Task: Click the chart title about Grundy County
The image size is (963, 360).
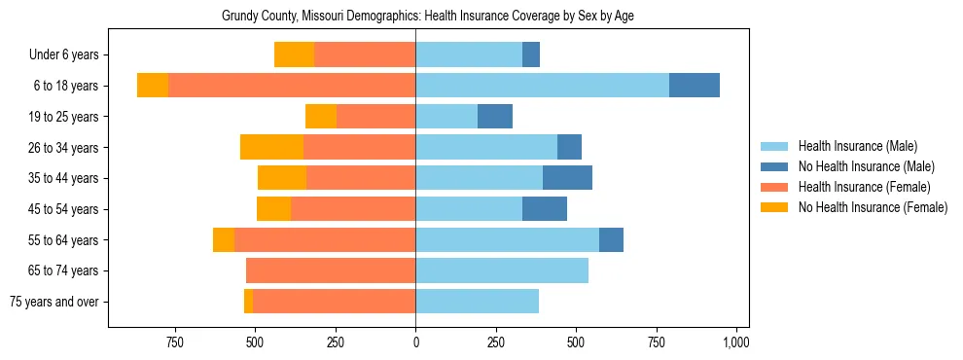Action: pos(428,17)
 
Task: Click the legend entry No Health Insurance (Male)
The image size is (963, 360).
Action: pos(866,166)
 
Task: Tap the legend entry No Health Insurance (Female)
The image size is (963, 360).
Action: pos(873,207)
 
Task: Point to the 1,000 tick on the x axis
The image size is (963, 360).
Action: pos(735,342)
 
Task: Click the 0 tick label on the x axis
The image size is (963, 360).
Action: pos(415,342)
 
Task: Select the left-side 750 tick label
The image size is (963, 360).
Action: pos(175,342)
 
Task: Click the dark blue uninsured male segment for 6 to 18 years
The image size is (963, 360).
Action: pos(695,86)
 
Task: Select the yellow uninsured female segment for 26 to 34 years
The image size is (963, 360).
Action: pos(271,147)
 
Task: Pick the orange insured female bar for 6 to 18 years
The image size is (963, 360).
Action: pos(292,86)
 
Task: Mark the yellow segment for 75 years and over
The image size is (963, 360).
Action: pos(248,302)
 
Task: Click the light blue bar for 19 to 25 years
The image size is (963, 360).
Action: pos(446,117)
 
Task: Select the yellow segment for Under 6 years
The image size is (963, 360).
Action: pos(294,55)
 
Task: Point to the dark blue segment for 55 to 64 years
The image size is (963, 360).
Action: pos(611,239)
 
